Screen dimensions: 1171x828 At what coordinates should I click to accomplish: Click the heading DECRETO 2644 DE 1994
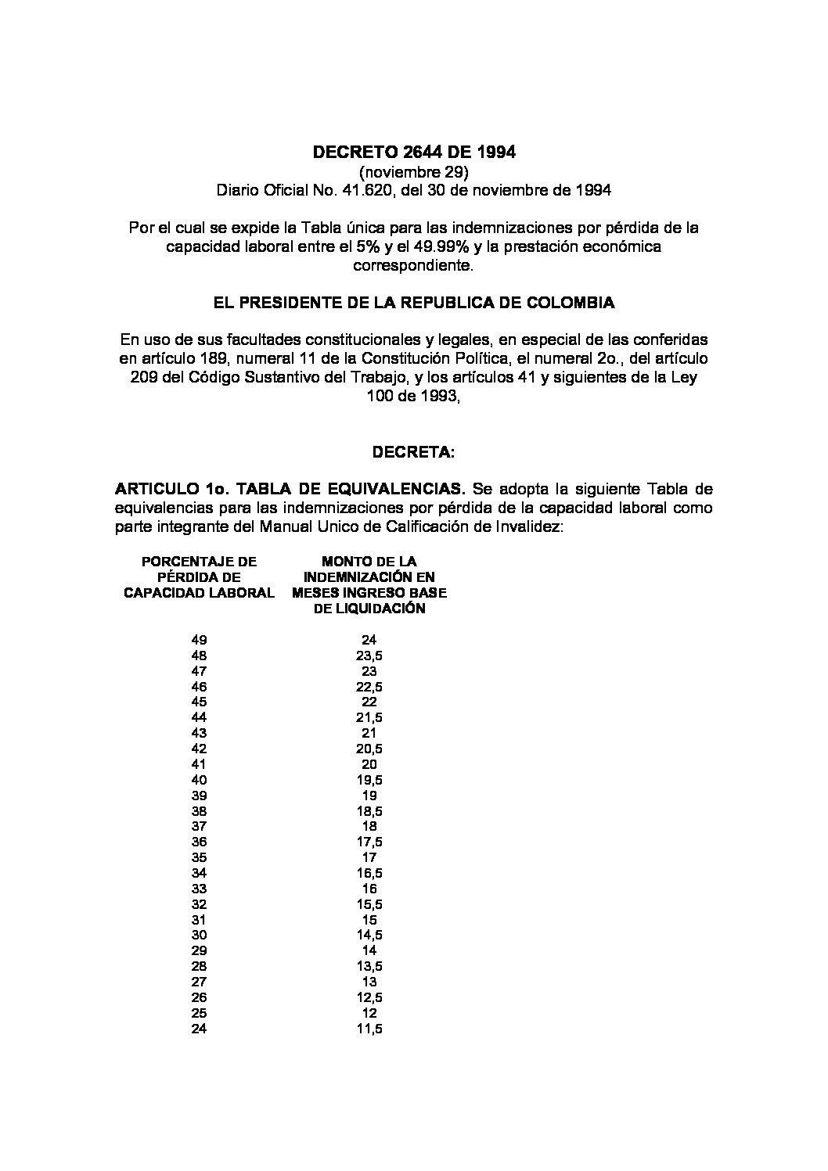coord(414,152)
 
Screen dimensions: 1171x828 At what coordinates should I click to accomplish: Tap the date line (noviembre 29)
coord(414,171)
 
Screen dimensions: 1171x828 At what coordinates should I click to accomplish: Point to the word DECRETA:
coord(413,452)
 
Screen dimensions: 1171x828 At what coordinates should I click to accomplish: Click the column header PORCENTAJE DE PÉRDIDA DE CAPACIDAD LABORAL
coord(199,577)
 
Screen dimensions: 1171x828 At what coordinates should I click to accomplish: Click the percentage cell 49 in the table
coord(199,640)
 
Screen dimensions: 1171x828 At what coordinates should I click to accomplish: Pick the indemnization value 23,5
coord(369,656)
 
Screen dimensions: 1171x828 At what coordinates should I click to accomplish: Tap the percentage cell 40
coord(199,780)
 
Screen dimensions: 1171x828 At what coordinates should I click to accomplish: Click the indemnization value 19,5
coord(369,780)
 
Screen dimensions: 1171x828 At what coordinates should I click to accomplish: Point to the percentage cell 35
coord(199,857)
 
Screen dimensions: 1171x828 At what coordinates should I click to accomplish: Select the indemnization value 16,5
coord(369,873)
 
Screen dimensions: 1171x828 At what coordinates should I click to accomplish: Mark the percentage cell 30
coord(199,935)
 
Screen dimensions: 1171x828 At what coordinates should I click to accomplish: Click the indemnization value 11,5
coord(369,1029)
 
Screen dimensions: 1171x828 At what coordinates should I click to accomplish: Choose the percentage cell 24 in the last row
coord(199,1029)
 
